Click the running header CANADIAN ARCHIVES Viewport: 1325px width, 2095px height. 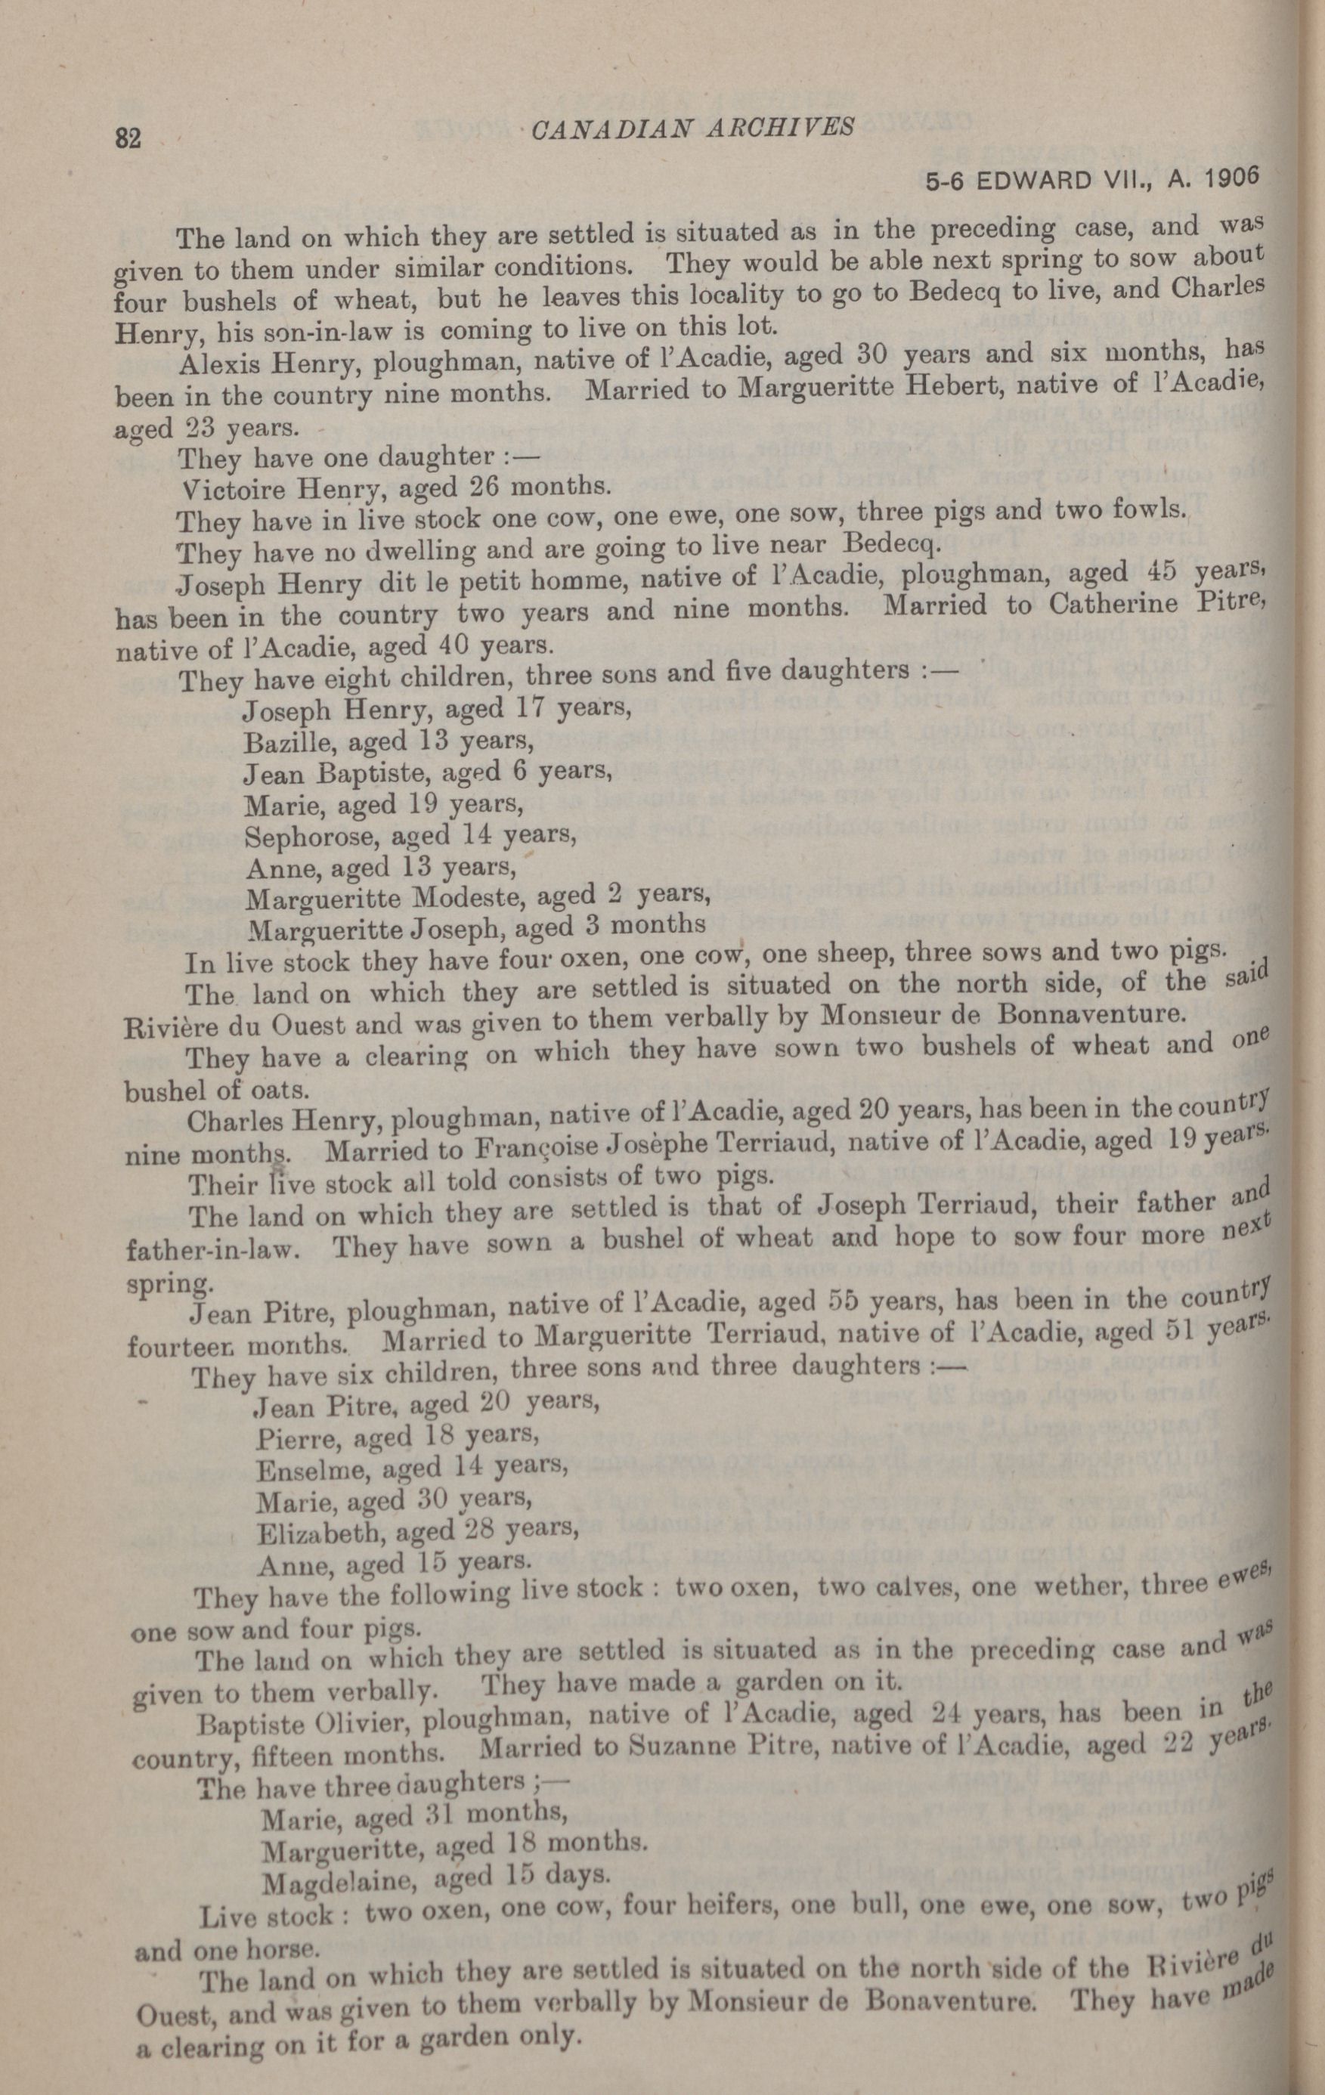(x=692, y=128)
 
